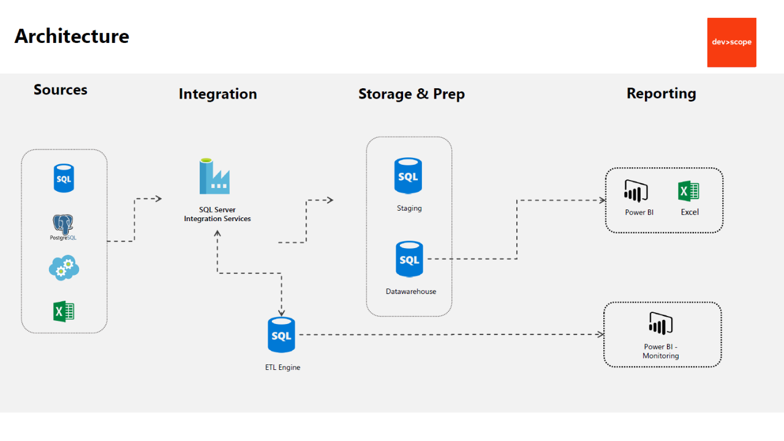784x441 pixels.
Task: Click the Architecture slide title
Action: [x=72, y=36]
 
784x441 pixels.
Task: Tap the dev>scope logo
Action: [x=731, y=42]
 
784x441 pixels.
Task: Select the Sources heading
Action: [x=60, y=90]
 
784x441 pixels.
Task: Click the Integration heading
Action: [x=217, y=94]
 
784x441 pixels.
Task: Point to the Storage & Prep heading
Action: [x=411, y=94]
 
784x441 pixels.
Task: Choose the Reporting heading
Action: [x=661, y=94]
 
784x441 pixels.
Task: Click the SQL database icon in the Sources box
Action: [x=64, y=178]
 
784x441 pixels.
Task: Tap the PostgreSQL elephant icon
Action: [x=64, y=225]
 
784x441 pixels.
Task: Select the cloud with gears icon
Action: [x=64, y=268]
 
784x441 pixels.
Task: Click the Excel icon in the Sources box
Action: [x=64, y=312]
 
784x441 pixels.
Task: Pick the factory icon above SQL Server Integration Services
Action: [x=214, y=176]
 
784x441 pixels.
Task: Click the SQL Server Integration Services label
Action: [x=217, y=214]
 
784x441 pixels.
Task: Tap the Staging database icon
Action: [x=408, y=176]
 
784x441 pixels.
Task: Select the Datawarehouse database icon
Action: [x=409, y=259]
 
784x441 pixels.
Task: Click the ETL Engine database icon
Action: [x=281, y=335]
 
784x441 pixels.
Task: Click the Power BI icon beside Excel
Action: [x=636, y=191]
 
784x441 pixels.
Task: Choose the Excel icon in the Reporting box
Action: [x=689, y=191]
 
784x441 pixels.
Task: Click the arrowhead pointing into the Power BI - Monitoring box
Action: [x=601, y=334]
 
